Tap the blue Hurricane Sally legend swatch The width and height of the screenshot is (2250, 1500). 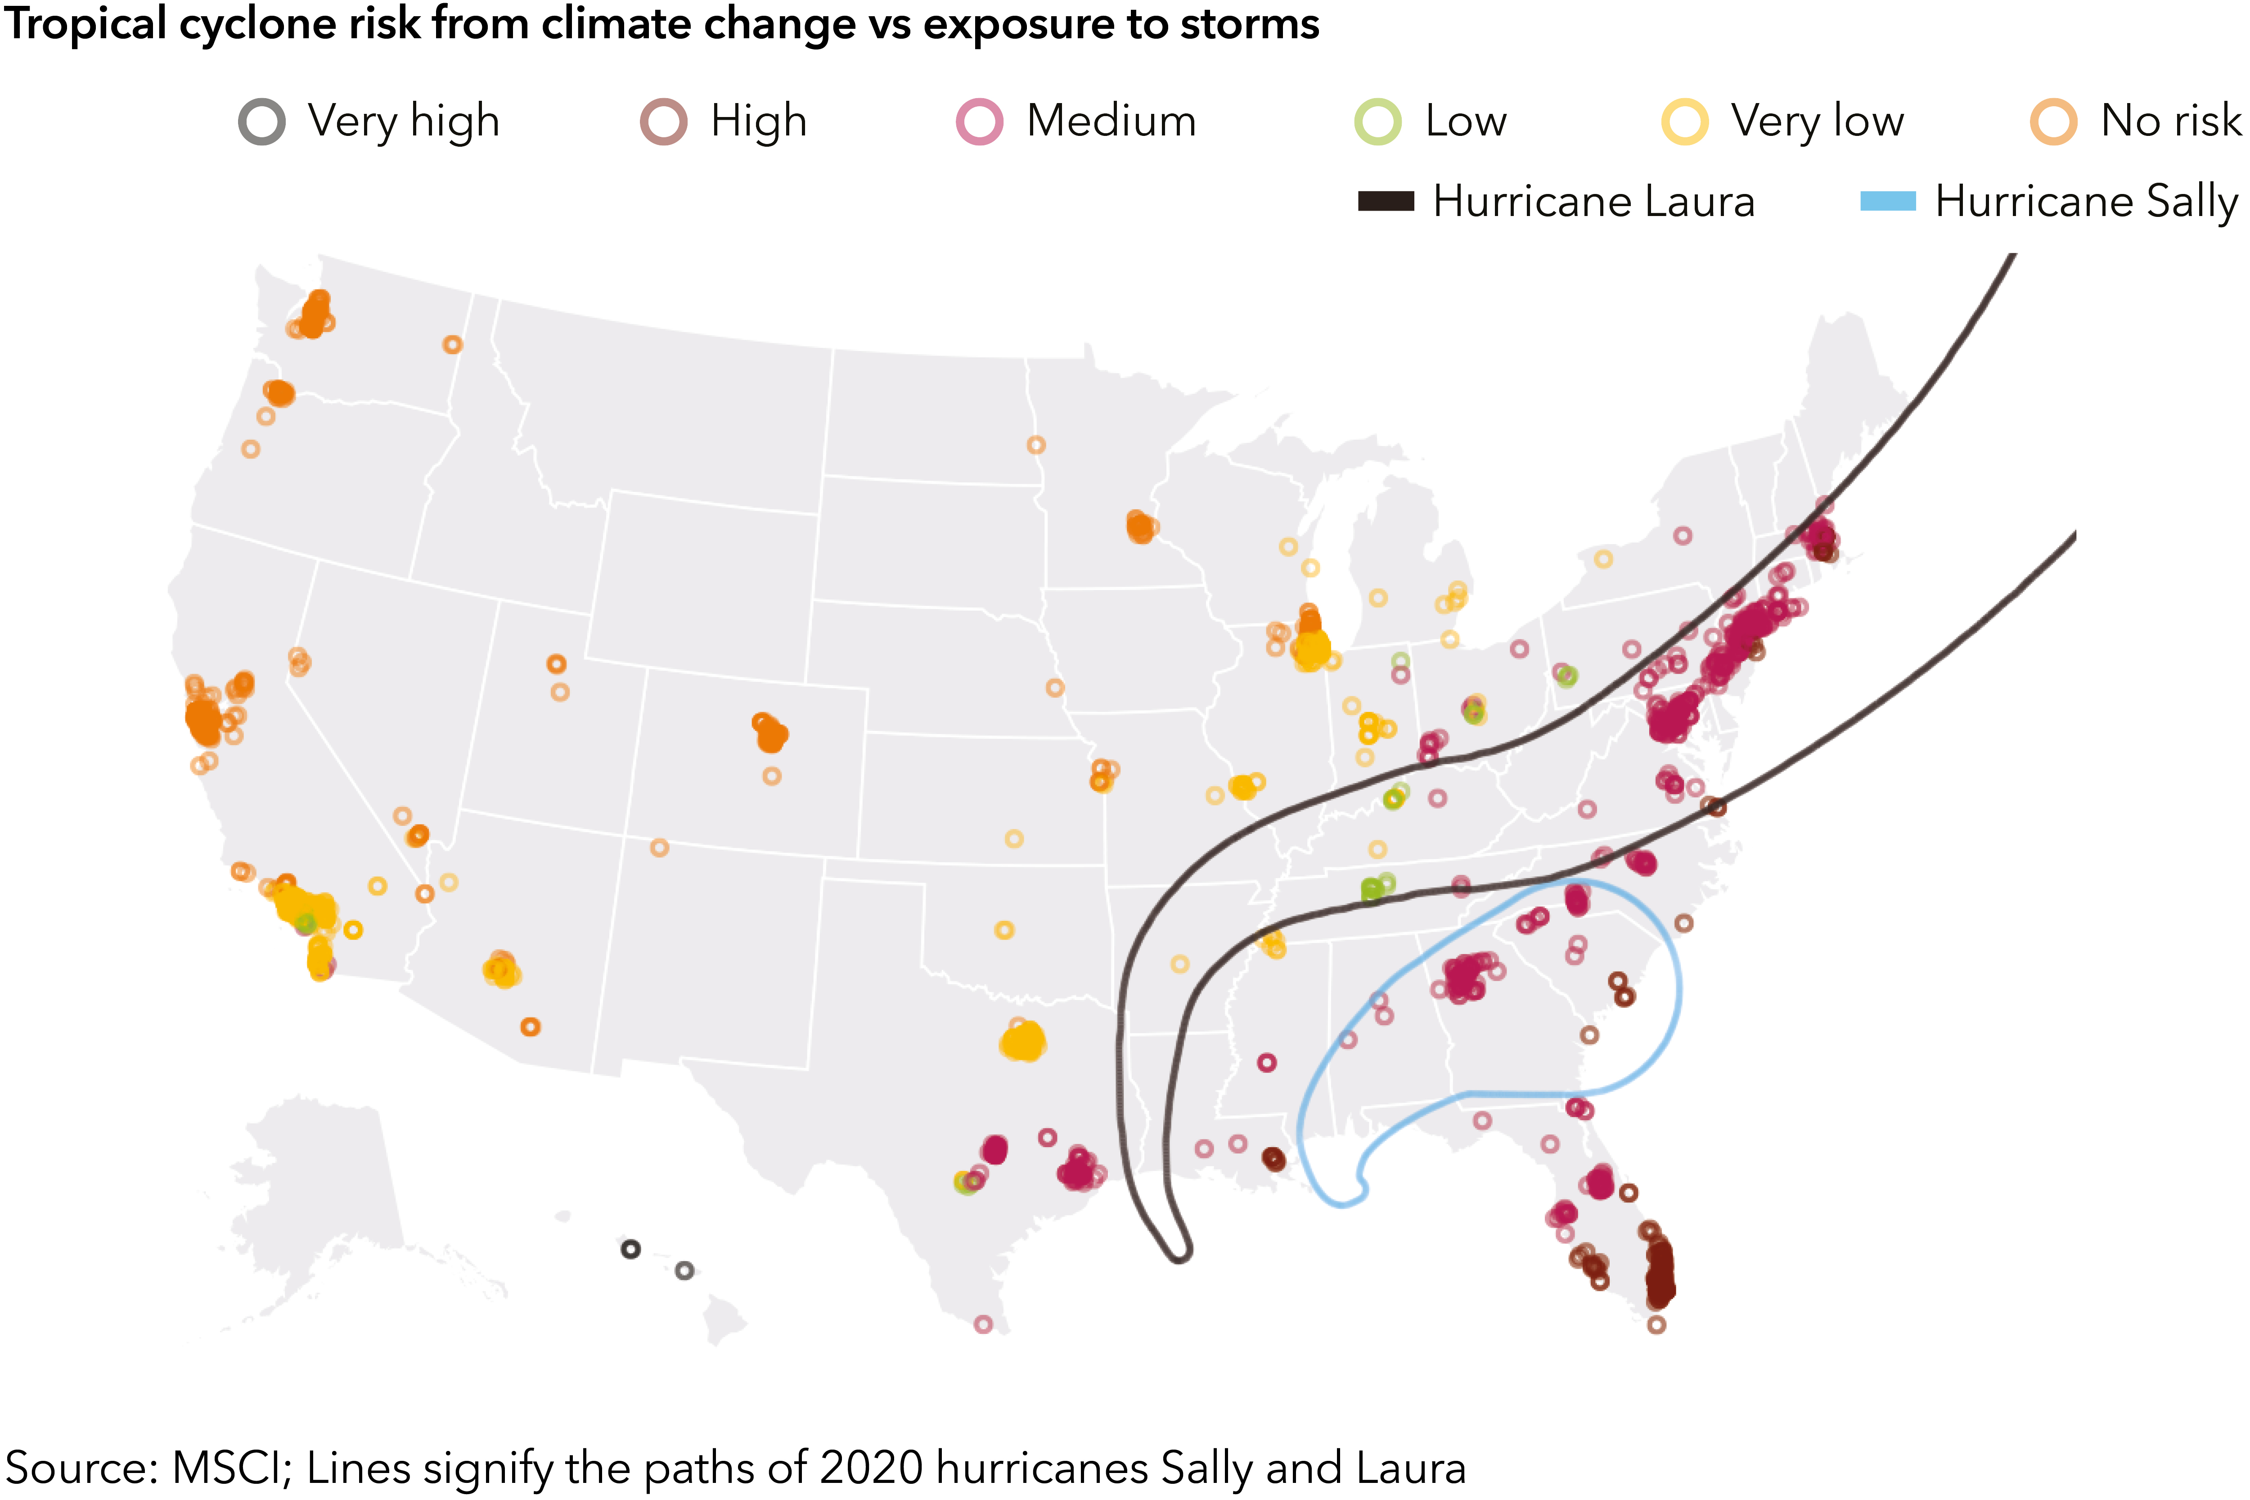(x=1887, y=201)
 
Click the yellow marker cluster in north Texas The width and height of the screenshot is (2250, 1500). (x=1023, y=1041)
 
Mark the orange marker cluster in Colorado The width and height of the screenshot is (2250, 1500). (x=770, y=734)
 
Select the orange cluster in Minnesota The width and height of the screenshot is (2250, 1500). (x=1140, y=526)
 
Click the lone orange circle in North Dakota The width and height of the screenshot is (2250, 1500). (x=1036, y=445)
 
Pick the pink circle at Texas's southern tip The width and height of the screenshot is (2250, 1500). (x=983, y=1324)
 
